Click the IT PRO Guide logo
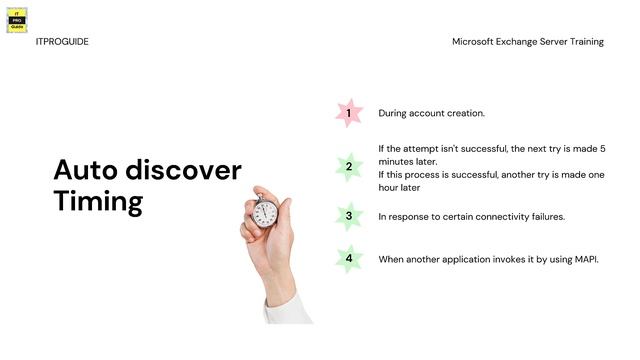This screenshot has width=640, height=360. click(x=17, y=20)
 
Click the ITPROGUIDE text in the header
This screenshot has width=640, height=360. click(x=62, y=42)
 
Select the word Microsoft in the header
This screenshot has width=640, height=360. click(x=475, y=42)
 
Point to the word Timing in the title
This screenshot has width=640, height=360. click(x=98, y=202)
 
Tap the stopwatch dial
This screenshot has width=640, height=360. click(x=265, y=211)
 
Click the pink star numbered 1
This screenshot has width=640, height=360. click(x=348, y=113)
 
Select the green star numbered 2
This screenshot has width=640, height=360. click(x=348, y=166)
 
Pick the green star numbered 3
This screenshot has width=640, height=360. click(x=348, y=216)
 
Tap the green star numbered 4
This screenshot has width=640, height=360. click(x=348, y=259)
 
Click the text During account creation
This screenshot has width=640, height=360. click(x=431, y=113)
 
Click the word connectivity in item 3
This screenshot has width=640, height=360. click(x=493, y=216)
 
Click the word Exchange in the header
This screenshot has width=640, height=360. click(x=523, y=42)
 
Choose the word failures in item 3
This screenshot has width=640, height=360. click(x=544, y=216)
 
